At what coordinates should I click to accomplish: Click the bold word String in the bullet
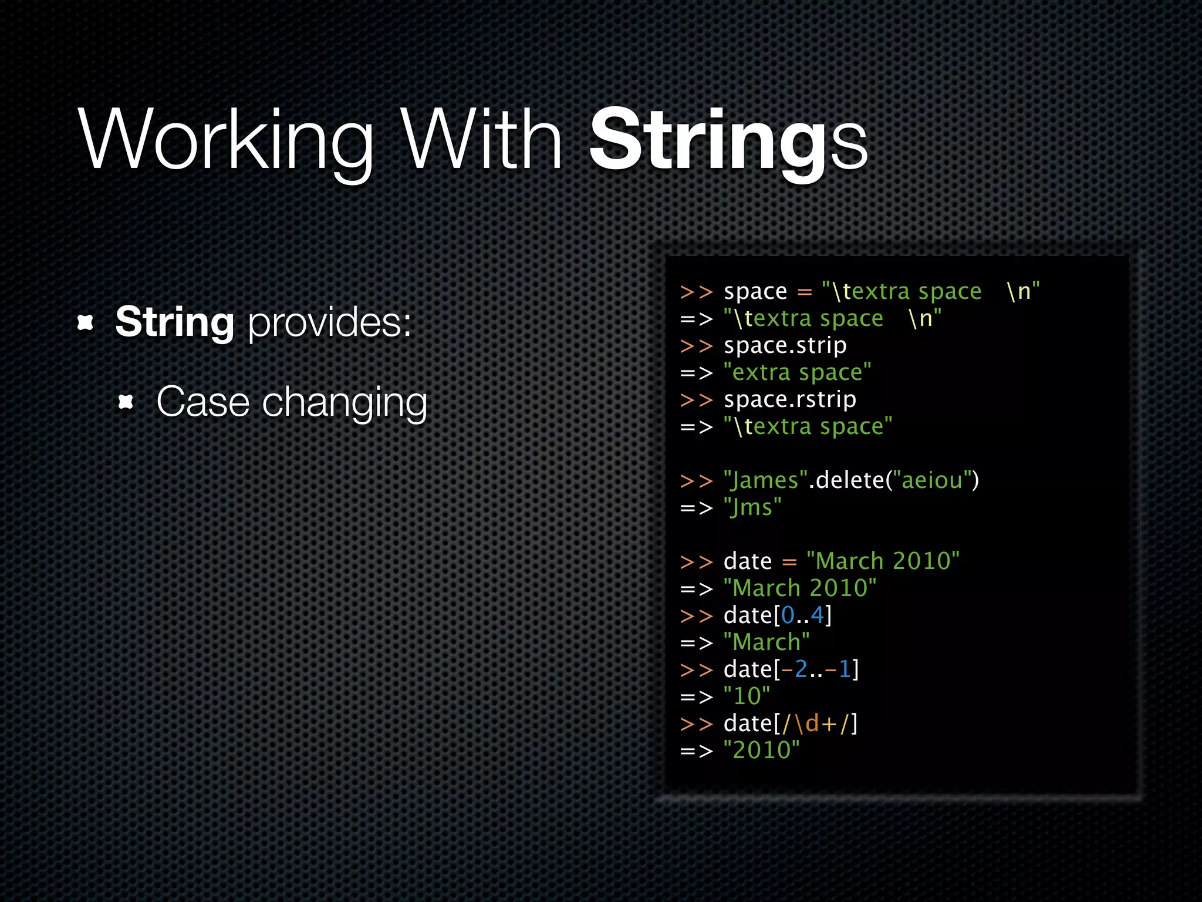(175, 322)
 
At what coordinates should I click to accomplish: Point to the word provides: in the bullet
(329, 322)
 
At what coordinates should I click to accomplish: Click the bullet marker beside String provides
(86, 322)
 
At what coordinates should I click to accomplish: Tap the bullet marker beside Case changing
(126, 402)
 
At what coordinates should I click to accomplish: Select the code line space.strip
(785, 345)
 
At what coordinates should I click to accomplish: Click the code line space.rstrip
(789, 399)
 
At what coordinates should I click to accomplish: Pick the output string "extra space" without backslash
(797, 372)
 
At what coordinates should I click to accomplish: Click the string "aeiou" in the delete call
(931, 480)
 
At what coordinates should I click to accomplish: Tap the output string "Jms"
(752, 507)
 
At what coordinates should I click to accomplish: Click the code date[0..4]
(778, 615)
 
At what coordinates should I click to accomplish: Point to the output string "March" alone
(767, 642)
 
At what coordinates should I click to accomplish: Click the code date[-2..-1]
(791, 669)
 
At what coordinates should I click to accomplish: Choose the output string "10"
(747, 696)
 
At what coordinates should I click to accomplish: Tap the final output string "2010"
(761, 750)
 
